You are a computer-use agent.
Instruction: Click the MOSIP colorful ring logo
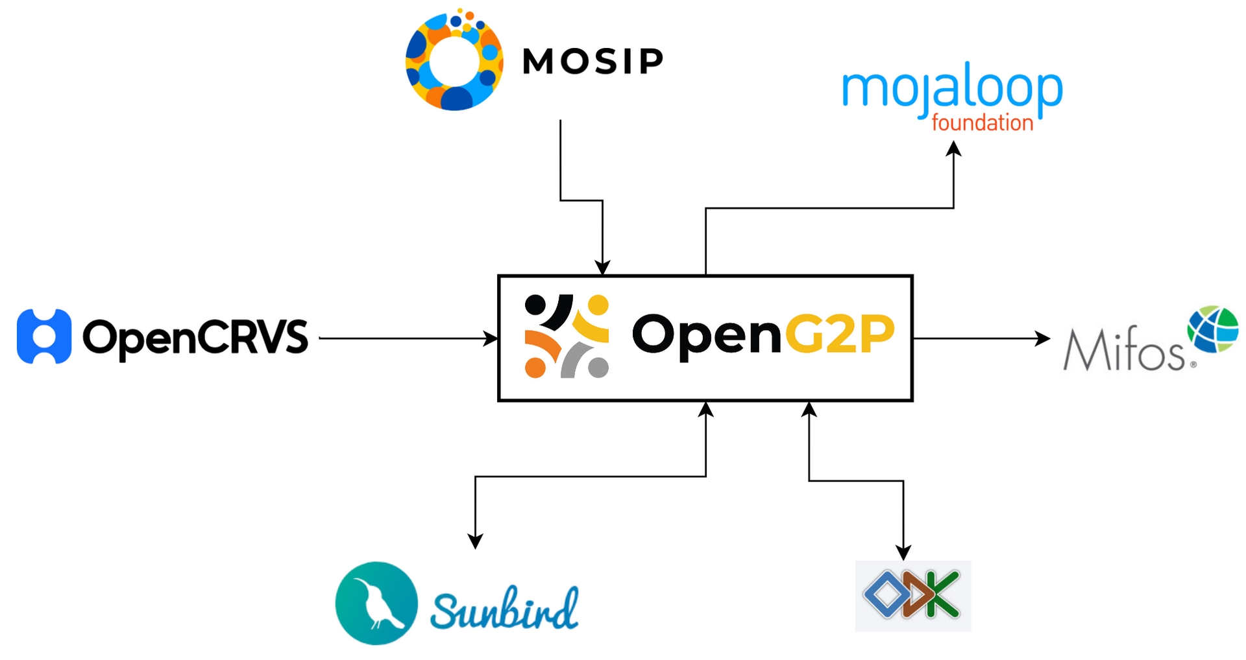pos(454,60)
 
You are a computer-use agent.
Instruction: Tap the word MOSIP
pos(592,62)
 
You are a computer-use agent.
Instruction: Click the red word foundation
pos(982,123)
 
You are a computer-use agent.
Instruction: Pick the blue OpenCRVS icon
pos(44,336)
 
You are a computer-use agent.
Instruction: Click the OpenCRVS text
pos(195,338)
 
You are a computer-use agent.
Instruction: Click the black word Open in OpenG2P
pos(706,335)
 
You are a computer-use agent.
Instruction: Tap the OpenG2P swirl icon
pos(567,336)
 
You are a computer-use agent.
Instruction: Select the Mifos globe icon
pos(1213,329)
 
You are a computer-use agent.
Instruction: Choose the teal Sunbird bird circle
pos(376,603)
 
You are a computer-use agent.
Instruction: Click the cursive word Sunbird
pos(504,608)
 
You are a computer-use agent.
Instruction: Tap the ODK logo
pos(912,595)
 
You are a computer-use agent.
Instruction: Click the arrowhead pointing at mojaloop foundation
pos(953,148)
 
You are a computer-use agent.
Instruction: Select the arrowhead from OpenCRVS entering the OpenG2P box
pos(491,338)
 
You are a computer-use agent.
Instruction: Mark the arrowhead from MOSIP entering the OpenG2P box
pos(603,268)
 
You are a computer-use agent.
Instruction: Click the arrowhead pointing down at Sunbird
pos(476,542)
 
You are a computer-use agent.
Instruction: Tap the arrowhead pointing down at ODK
pos(903,553)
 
